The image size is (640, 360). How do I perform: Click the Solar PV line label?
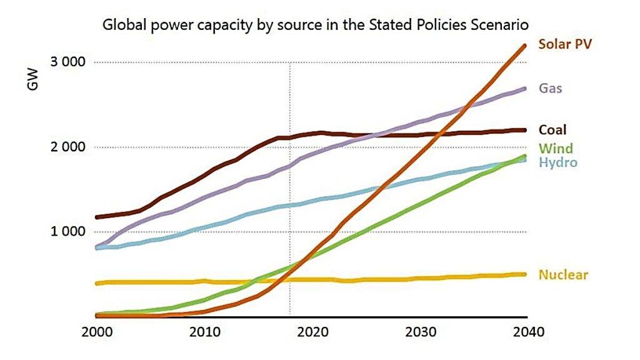click(x=564, y=44)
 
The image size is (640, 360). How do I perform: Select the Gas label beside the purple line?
click(x=551, y=88)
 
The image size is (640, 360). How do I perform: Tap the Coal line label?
click(x=552, y=130)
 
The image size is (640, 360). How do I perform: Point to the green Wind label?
click(x=556, y=149)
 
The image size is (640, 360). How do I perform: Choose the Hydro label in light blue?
click(x=557, y=162)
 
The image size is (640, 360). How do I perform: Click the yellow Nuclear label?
click(x=563, y=275)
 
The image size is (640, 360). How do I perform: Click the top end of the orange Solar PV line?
click(x=525, y=46)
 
